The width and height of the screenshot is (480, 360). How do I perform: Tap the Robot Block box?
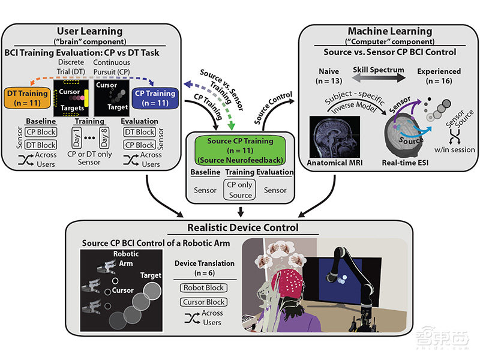pyautogui.click(x=203, y=287)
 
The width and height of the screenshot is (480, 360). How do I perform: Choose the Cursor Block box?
pyautogui.click(x=203, y=302)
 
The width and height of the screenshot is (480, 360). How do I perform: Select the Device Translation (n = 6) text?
pyautogui.click(x=204, y=268)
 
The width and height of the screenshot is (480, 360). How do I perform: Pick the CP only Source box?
pyautogui.click(x=239, y=190)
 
